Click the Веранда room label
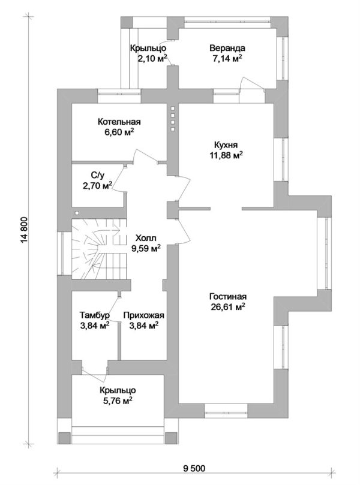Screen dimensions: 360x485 pyautogui.click(x=227, y=48)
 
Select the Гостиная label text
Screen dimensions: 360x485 pyautogui.click(x=228, y=297)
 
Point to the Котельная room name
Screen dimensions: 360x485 pyautogui.click(x=119, y=122)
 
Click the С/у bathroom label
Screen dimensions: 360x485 pyautogui.click(x=98, y=175)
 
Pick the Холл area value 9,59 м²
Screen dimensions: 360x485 pyautogui.click(x=146, y=248)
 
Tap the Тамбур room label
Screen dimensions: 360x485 pyautogui.click(x=94, y=315)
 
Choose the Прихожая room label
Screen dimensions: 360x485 pyautogui.click(x=143, y=315)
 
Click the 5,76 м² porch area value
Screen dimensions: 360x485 pyautogui.click(x=118, y=400)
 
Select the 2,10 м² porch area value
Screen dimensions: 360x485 pyautogui.click(x=152, y=58)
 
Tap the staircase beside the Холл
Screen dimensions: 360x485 pyautogui.click(x=100, y=249)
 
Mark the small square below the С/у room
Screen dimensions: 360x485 pyautogui.click(x=77, y=213)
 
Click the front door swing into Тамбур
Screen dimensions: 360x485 pyautogui.click(x=95, y=371)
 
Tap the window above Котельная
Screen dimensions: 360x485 pyautogui.click(x=119, y=95)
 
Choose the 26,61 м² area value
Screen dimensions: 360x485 pyautogui.click(x=228, y=307)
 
